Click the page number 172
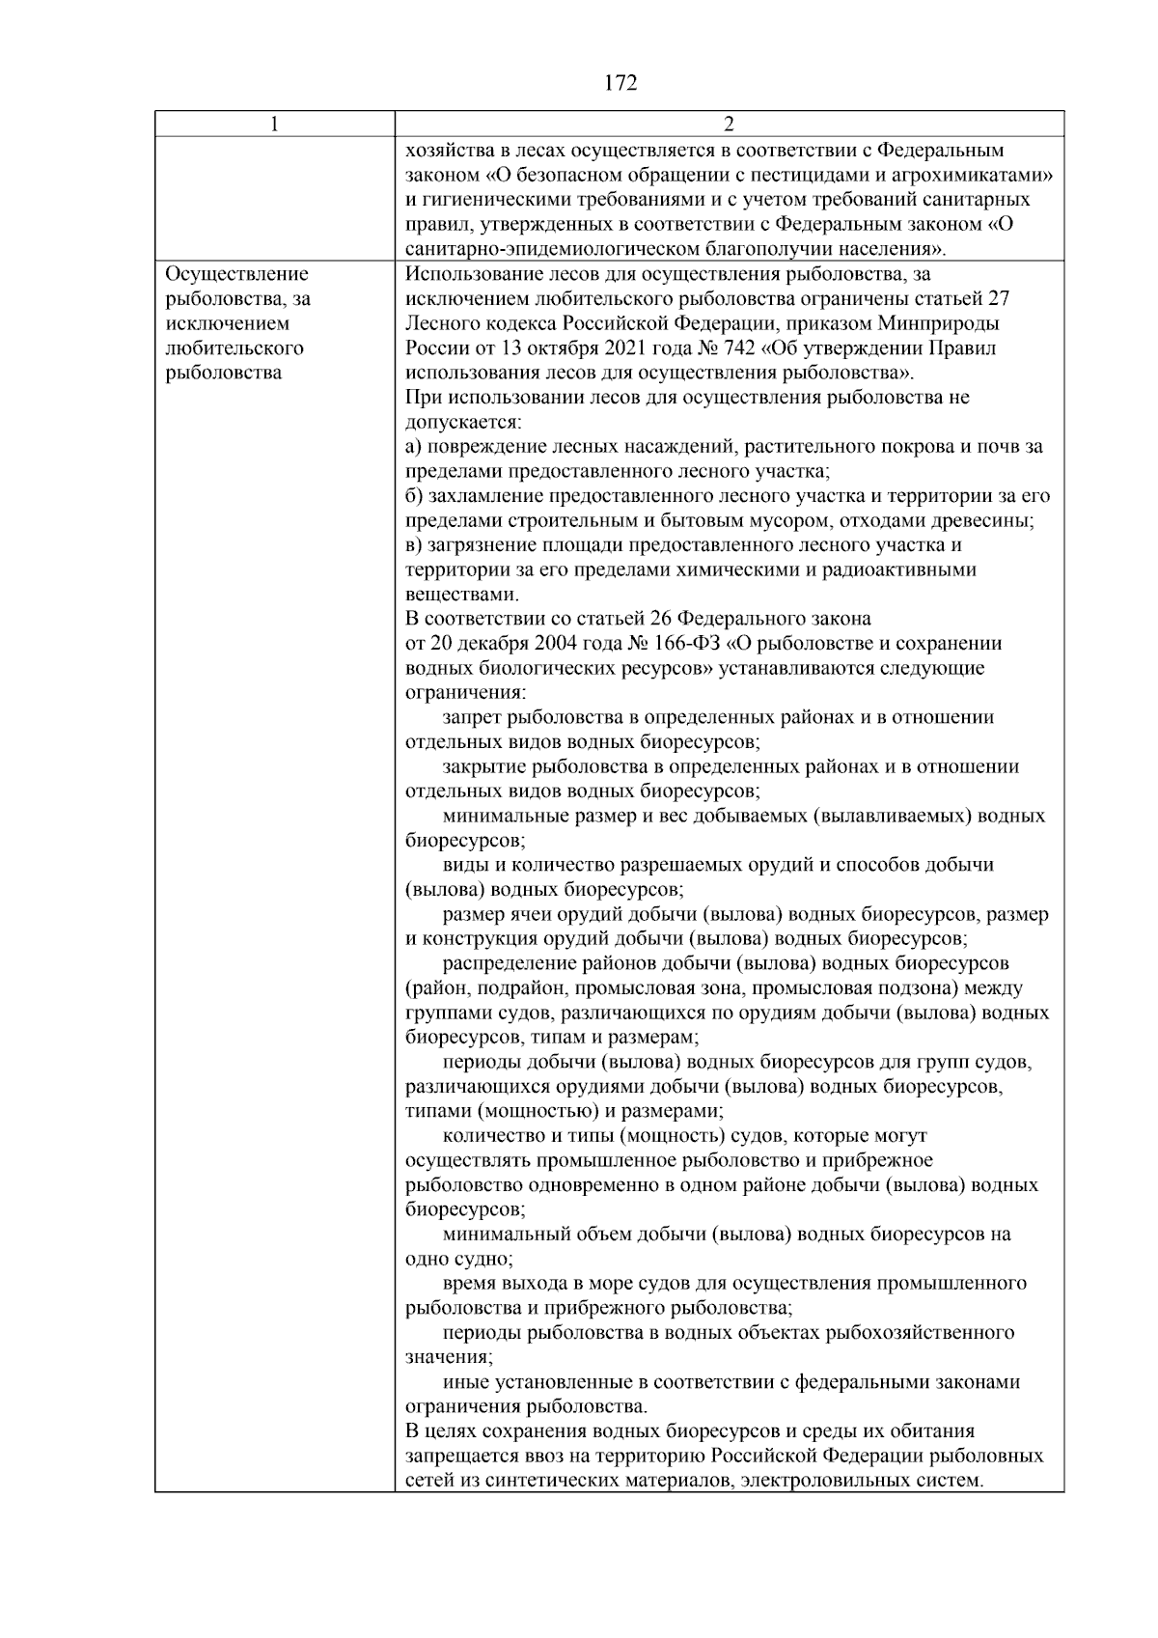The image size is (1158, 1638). pos(620,84)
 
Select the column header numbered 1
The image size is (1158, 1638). pos(275,125)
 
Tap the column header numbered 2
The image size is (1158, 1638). pos(729,125)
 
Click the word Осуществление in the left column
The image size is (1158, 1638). pos(237,274)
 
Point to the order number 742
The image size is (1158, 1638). pos(733,347)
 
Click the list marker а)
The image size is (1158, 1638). pos(414,447)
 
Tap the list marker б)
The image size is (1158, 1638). pos(414,496)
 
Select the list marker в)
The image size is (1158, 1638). pos(414,545)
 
